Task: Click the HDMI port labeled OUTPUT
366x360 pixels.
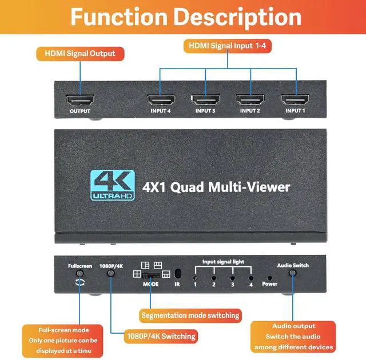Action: click(x=80, y=99)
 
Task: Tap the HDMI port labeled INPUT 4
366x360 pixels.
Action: click(x=161, y=99)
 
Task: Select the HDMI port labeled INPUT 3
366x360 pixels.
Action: click(x=205, y=99)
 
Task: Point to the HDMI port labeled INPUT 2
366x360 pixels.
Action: click(x=250, y=99)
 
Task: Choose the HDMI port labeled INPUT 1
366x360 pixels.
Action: click(x=295, y=99)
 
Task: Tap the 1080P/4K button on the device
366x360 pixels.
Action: click(x=111, y=273)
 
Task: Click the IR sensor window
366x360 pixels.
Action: click(x=177, y=273)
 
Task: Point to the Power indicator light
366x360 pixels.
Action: click(x=269, y=277)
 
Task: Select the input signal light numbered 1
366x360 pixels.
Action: click(x=196, y=277)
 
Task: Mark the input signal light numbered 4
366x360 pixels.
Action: click(x=250, y=277)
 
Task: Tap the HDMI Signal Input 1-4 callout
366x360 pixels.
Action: click(x=228, y=46)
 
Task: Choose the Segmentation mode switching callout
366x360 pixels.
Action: click(x=190, y=315)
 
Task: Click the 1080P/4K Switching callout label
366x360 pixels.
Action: click(x=161, y=336)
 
